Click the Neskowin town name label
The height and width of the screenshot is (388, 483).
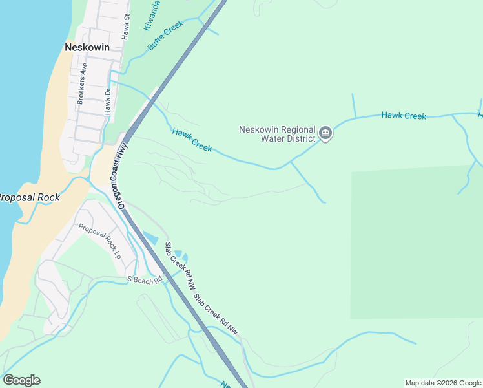(x=87, y=47)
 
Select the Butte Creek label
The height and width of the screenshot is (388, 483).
(x=166, y=36)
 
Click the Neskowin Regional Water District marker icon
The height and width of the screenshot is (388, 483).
(x=325, y=134)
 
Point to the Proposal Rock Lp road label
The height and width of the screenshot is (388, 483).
(x=99, y=241)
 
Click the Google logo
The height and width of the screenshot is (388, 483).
(x=21, y=380)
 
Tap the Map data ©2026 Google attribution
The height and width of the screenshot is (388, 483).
(x=443, y=383)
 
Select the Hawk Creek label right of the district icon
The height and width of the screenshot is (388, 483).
(x=404, y=116)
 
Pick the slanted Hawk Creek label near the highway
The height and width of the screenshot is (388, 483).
(x=192, y=140)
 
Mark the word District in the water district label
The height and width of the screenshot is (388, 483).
(x=300, y=138)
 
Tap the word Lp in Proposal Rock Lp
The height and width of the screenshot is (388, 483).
(x=117, y=254)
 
